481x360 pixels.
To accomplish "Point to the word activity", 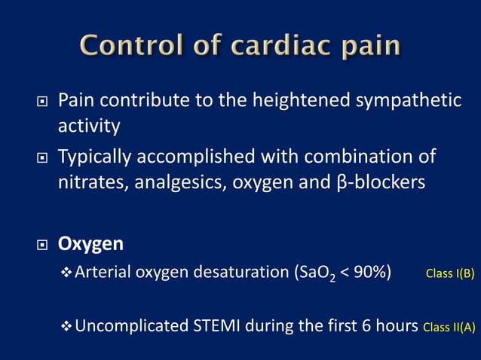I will [89, 125].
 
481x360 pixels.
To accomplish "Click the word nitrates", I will [90, 183].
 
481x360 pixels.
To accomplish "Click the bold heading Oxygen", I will [91, 246].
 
